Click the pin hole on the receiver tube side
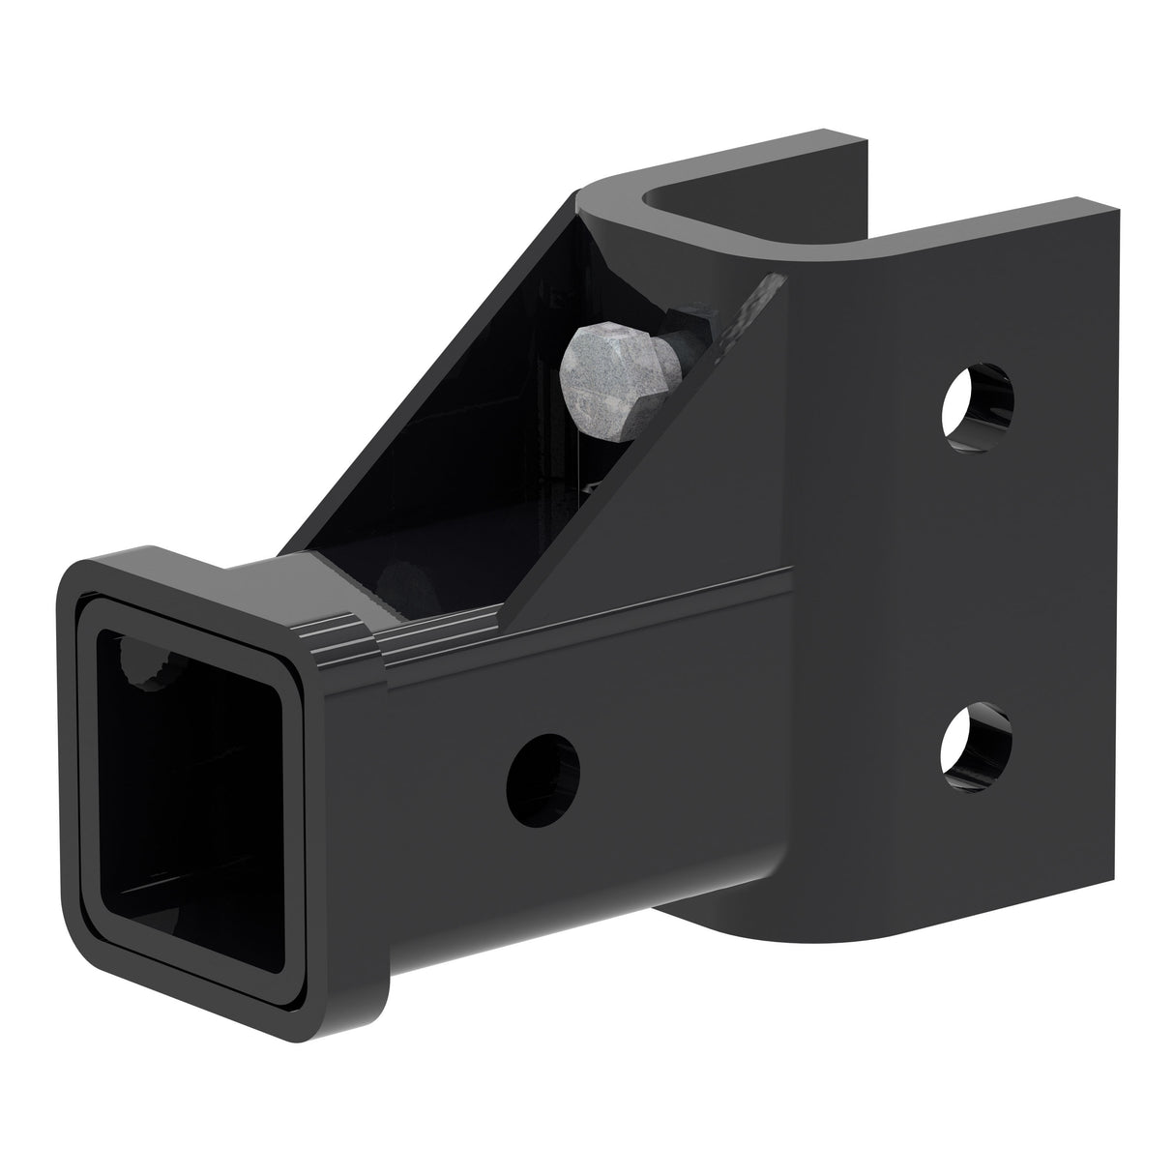[x=544, y=778]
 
